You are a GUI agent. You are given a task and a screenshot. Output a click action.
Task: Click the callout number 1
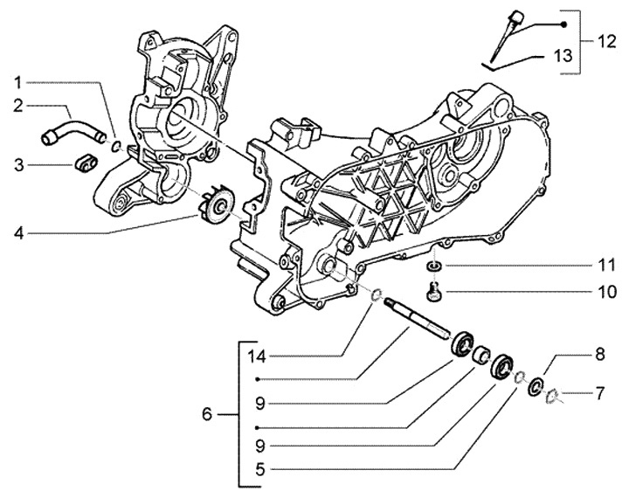click(x=17, y=83)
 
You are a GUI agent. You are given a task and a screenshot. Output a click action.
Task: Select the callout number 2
click(x=18, y=106)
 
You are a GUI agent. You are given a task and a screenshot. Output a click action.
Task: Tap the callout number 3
click(x=19, y=165)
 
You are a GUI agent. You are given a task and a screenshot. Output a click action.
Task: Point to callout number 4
click(x=18, y=232)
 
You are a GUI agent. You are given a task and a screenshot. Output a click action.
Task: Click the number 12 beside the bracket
click(x=605, y=41)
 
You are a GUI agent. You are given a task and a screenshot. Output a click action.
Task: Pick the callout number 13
click(x=563, y=56)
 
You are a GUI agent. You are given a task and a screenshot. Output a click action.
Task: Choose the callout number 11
click(x=606, y=265)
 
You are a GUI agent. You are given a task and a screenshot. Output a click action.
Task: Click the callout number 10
click(x=606, y=292)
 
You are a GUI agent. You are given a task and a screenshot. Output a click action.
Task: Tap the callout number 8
click(x=599, y=355)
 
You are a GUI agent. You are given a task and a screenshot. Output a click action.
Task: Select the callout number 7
click(x=599, y=393)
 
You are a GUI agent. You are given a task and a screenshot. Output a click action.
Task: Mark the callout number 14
click(x=257, y=356)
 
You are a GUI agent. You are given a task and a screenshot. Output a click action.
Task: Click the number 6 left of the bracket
click(x=206, y=414)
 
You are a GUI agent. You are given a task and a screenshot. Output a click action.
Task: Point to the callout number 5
click(x=260, y=468)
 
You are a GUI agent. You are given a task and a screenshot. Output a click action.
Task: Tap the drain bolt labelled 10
click(x=432, y=291)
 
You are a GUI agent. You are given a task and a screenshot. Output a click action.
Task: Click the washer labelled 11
click(x=433, y=266)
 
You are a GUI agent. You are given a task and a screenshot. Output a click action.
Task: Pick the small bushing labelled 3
click(x=86, y=164)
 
